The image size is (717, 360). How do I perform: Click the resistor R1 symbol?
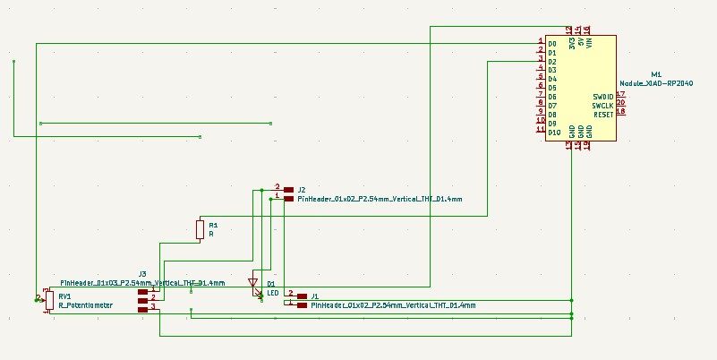200,230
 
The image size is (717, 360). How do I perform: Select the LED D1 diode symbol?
253,284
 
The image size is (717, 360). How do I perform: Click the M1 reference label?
655,73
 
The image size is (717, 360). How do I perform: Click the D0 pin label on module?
552,43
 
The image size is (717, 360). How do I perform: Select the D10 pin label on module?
554,132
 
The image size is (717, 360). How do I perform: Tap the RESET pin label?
602,114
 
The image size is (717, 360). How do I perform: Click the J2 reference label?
302,190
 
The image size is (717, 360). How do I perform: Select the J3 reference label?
142,274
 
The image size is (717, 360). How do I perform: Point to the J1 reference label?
314,296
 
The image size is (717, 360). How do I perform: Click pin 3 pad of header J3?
142,309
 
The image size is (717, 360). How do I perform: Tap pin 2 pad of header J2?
288,190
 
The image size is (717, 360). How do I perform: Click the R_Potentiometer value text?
86,305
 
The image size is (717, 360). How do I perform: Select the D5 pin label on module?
552,88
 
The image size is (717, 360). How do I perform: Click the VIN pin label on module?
589,43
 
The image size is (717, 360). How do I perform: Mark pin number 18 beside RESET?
620,112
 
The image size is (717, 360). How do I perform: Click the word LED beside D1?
273,292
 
